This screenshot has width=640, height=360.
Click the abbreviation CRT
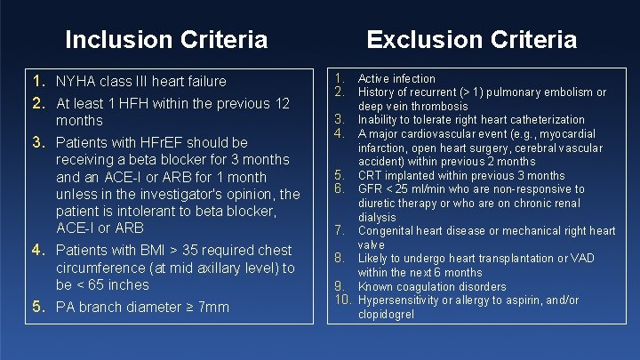[371, 175]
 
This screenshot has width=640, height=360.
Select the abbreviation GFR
[371, 188]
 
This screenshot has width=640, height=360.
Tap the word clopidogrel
[386, 314]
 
